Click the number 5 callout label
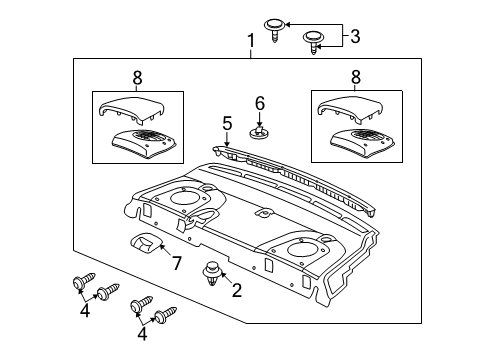227,124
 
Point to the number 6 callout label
259,103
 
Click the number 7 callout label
176,263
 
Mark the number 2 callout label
236,291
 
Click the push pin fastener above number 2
212,270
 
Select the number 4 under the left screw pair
86,310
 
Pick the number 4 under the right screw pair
141,335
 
